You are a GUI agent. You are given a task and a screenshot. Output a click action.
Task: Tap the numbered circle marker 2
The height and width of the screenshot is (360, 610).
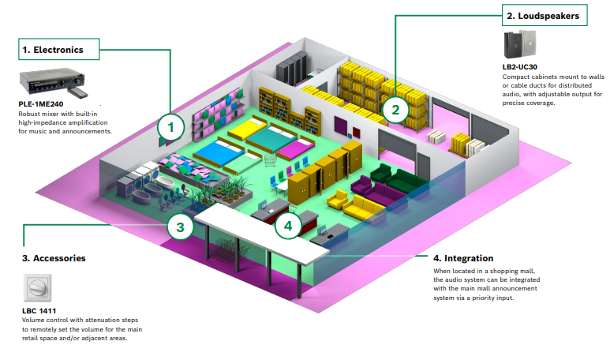coord(395,109)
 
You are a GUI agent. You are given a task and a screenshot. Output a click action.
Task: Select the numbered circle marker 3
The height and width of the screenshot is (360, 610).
coord(180,227)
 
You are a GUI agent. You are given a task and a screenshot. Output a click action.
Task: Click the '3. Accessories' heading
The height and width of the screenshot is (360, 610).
coord(54,257)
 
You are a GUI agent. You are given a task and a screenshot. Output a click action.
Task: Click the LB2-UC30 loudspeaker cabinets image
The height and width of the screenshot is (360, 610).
coord(519,46)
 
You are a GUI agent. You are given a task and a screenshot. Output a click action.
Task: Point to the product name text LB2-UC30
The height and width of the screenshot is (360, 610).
coord(520,67)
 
